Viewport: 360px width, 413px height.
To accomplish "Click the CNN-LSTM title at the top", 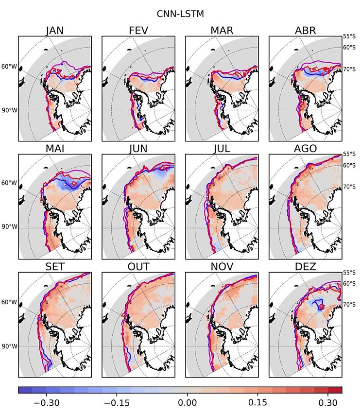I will click(x=180, y=14).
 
